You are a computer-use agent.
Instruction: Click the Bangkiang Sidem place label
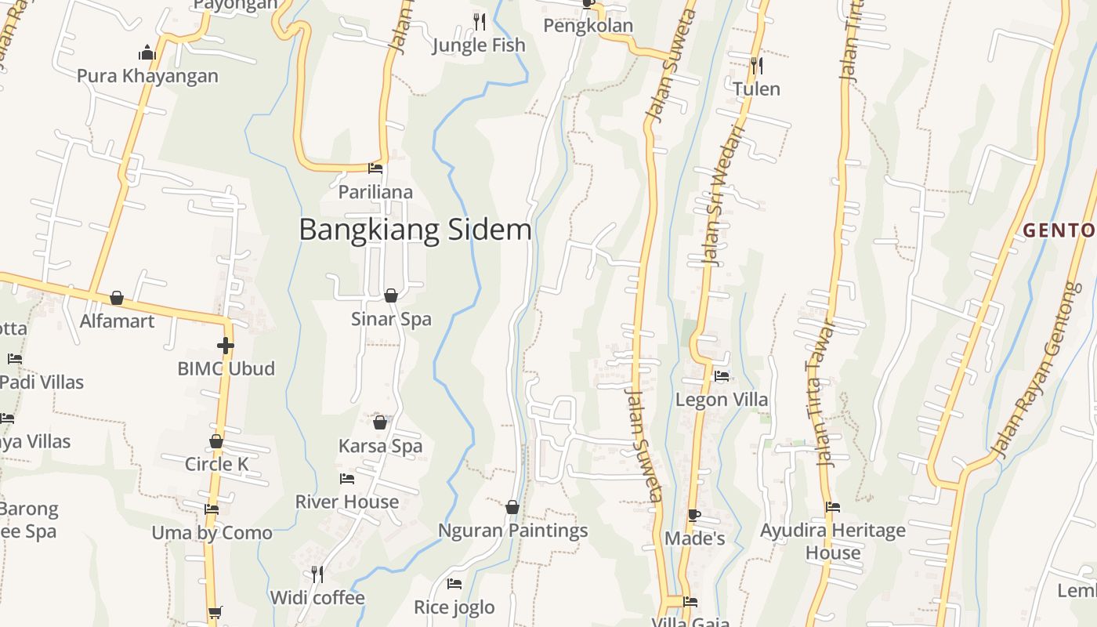(415, 230)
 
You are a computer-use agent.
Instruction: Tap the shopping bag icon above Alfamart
(117, 298)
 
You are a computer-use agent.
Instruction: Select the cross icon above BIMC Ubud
(226, 346)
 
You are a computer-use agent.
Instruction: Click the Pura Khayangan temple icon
(147, 53)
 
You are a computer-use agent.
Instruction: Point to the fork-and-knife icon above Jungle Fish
(479, 21)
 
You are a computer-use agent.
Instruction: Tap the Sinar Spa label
(391, 319)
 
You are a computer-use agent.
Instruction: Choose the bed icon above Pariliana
(375, 168)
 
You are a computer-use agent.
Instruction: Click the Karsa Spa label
(380, 446)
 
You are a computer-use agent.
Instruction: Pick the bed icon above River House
(347, 478)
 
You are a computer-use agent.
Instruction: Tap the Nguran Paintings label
(512, 531)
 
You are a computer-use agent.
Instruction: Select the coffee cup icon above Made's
(693, 515)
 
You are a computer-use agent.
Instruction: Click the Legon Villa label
(722, 400)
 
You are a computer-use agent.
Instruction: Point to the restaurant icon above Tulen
(756, 65)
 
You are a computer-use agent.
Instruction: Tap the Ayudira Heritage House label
(832, 542)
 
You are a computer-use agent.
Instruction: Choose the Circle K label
(216, 464)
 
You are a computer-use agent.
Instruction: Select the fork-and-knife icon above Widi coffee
(317, 574)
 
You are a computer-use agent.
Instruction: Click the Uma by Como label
(212, 533)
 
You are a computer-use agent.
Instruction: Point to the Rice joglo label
(454, 607)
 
